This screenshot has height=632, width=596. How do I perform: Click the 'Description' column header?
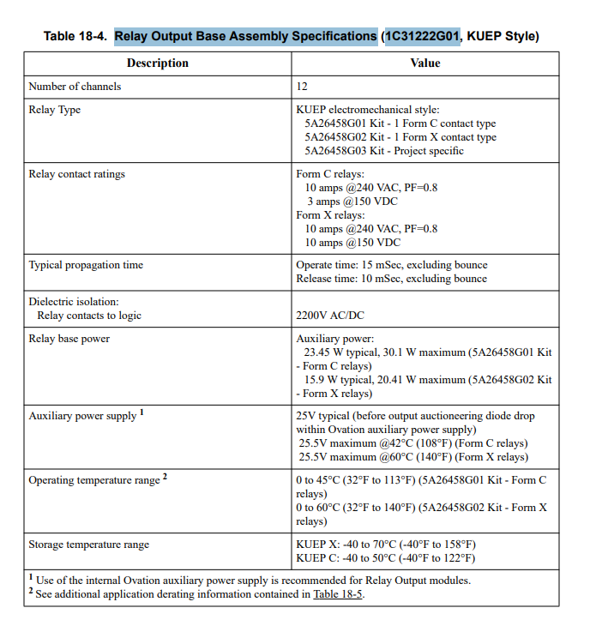point(157,63)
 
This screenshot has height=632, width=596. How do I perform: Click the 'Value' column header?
point(424,63)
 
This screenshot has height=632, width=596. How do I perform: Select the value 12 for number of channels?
point(302,87)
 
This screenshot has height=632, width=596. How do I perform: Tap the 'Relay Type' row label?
point(55,110)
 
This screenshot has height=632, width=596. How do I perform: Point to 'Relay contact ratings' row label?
point(77,174)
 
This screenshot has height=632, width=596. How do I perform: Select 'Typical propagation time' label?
point(86,265)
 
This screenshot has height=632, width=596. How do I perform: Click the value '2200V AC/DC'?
point(330,316)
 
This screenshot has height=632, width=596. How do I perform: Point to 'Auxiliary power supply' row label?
point(83,416)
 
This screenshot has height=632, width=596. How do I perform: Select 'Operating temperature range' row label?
point(94,480)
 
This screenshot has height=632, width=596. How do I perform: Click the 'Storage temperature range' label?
point(89,545)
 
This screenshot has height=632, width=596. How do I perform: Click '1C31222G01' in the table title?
point(422,36)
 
